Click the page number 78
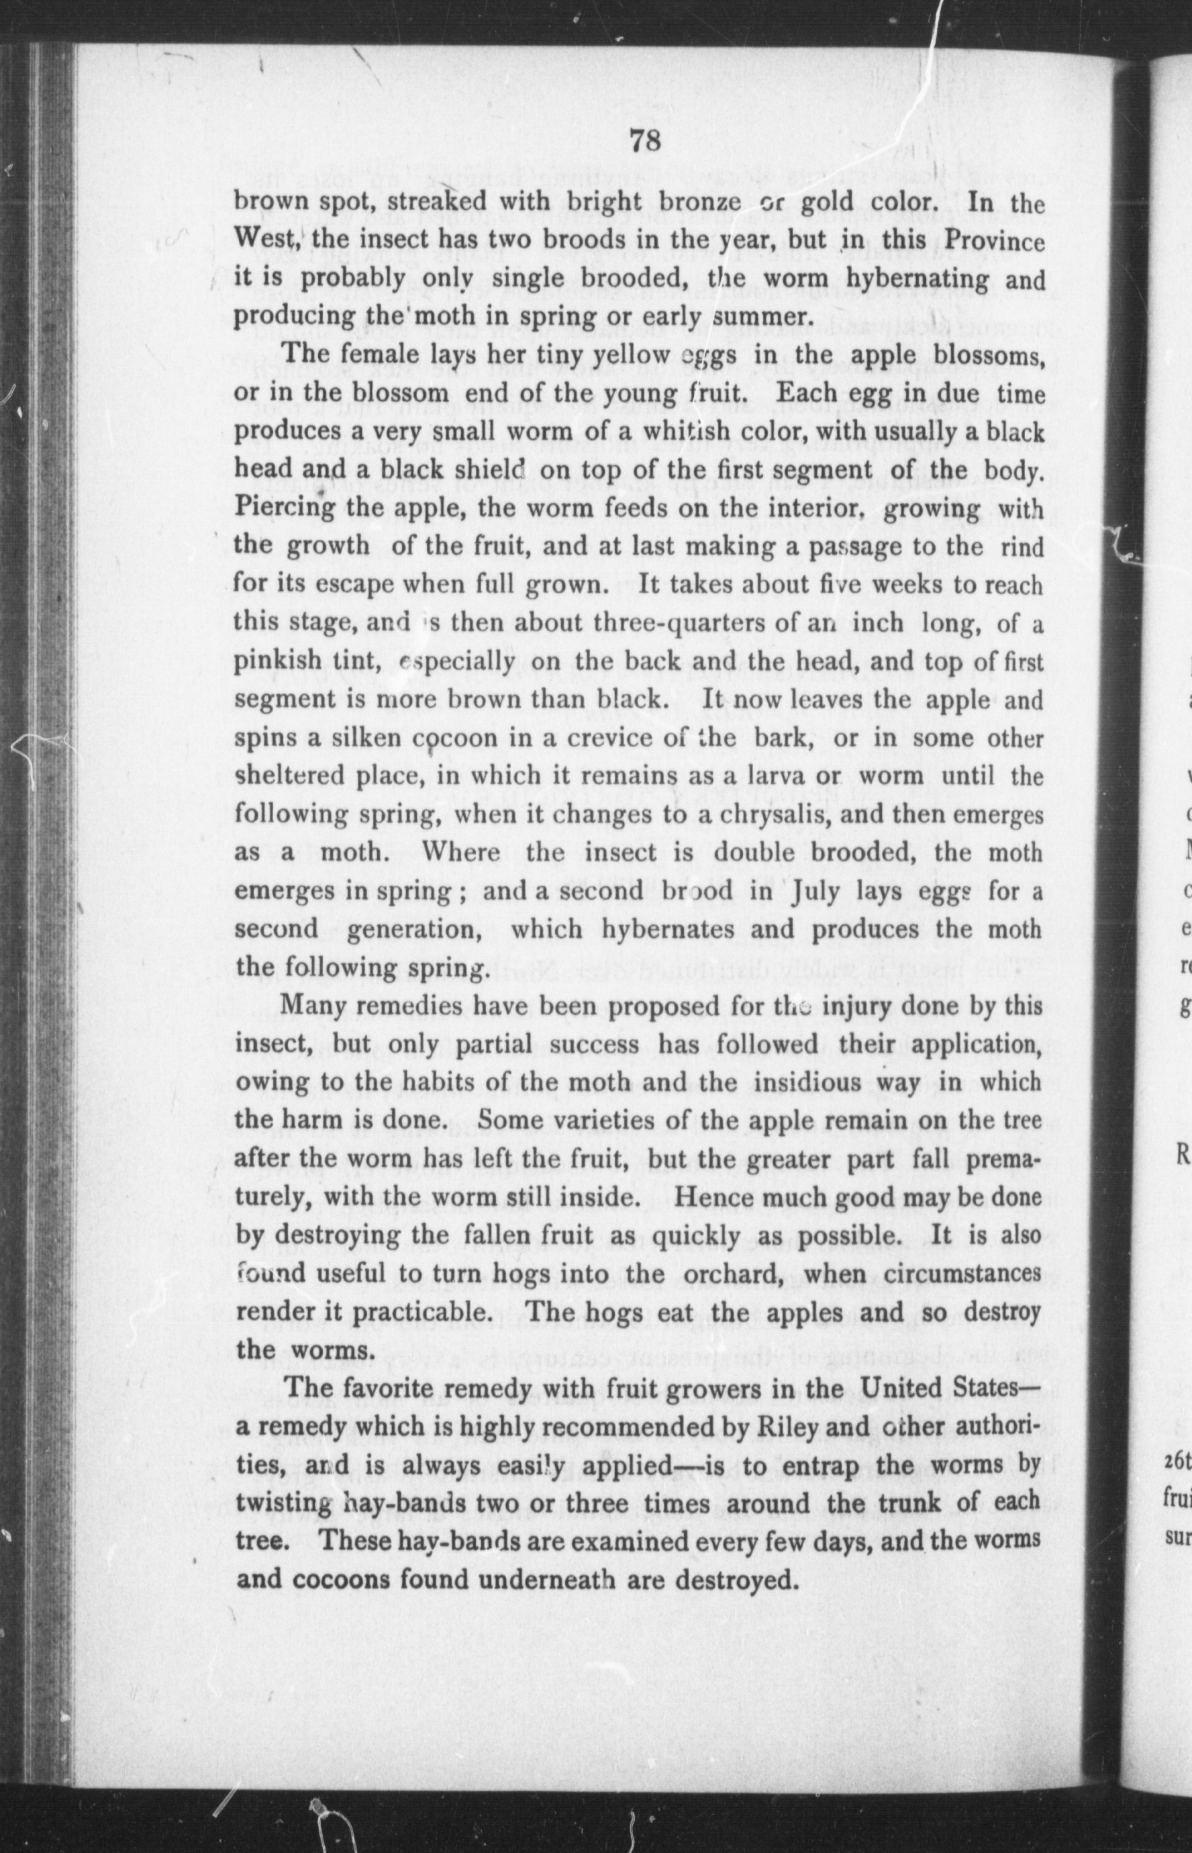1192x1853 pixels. click(644, 142)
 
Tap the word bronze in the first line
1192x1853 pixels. click(700, 202)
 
